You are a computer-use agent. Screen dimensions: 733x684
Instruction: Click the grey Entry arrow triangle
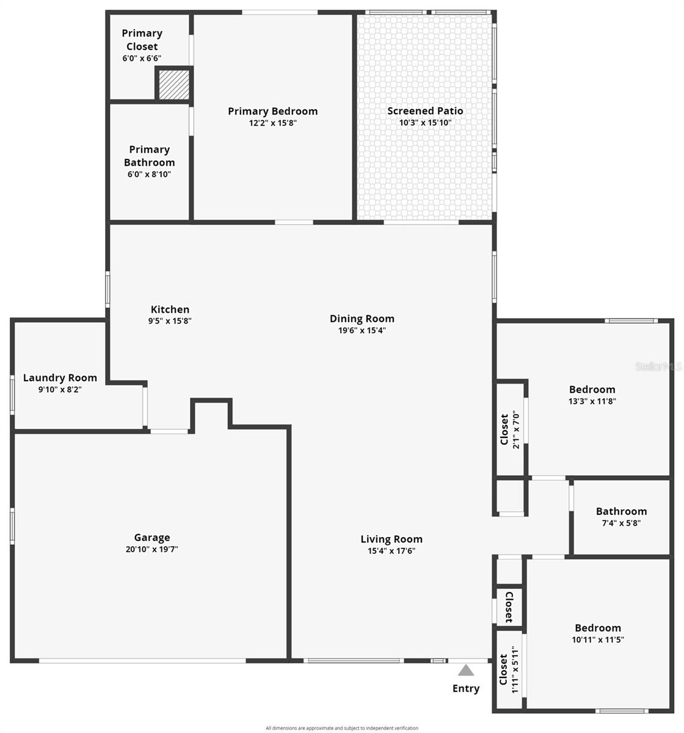point(467,670)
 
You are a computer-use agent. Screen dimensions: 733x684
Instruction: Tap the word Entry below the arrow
point(466,688)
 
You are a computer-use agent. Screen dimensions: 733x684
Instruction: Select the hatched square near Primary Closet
point(174,84)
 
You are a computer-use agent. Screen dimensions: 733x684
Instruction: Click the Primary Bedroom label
point(272,111)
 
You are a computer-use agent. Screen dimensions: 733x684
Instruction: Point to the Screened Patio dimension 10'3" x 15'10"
point(425,122)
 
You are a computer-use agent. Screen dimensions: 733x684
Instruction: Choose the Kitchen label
point(170,310)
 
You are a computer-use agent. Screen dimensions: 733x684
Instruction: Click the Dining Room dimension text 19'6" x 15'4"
point(362,330)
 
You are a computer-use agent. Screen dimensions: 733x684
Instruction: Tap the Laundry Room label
point(60,377)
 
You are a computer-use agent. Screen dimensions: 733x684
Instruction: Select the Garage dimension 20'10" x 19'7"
point(152,549)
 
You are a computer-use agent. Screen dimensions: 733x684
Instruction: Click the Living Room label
point(391,539)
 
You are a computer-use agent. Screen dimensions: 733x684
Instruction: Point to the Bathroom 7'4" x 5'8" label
point(621,511)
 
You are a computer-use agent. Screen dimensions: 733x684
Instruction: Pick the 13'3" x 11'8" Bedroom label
point(592,389)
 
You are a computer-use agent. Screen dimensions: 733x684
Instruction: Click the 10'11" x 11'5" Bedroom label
point(598,628)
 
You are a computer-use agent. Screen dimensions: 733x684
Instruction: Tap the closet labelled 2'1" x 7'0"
point(510,430)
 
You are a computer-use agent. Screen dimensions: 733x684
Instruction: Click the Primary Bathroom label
point(149,156)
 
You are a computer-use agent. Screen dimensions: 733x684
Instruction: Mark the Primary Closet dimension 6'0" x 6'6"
point(142,59)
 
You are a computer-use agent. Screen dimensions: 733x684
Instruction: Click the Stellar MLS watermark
point(658,366)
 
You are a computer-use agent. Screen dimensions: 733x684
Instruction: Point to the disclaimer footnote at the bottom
point(342,728)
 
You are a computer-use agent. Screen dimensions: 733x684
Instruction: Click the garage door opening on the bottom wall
point(142,660)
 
